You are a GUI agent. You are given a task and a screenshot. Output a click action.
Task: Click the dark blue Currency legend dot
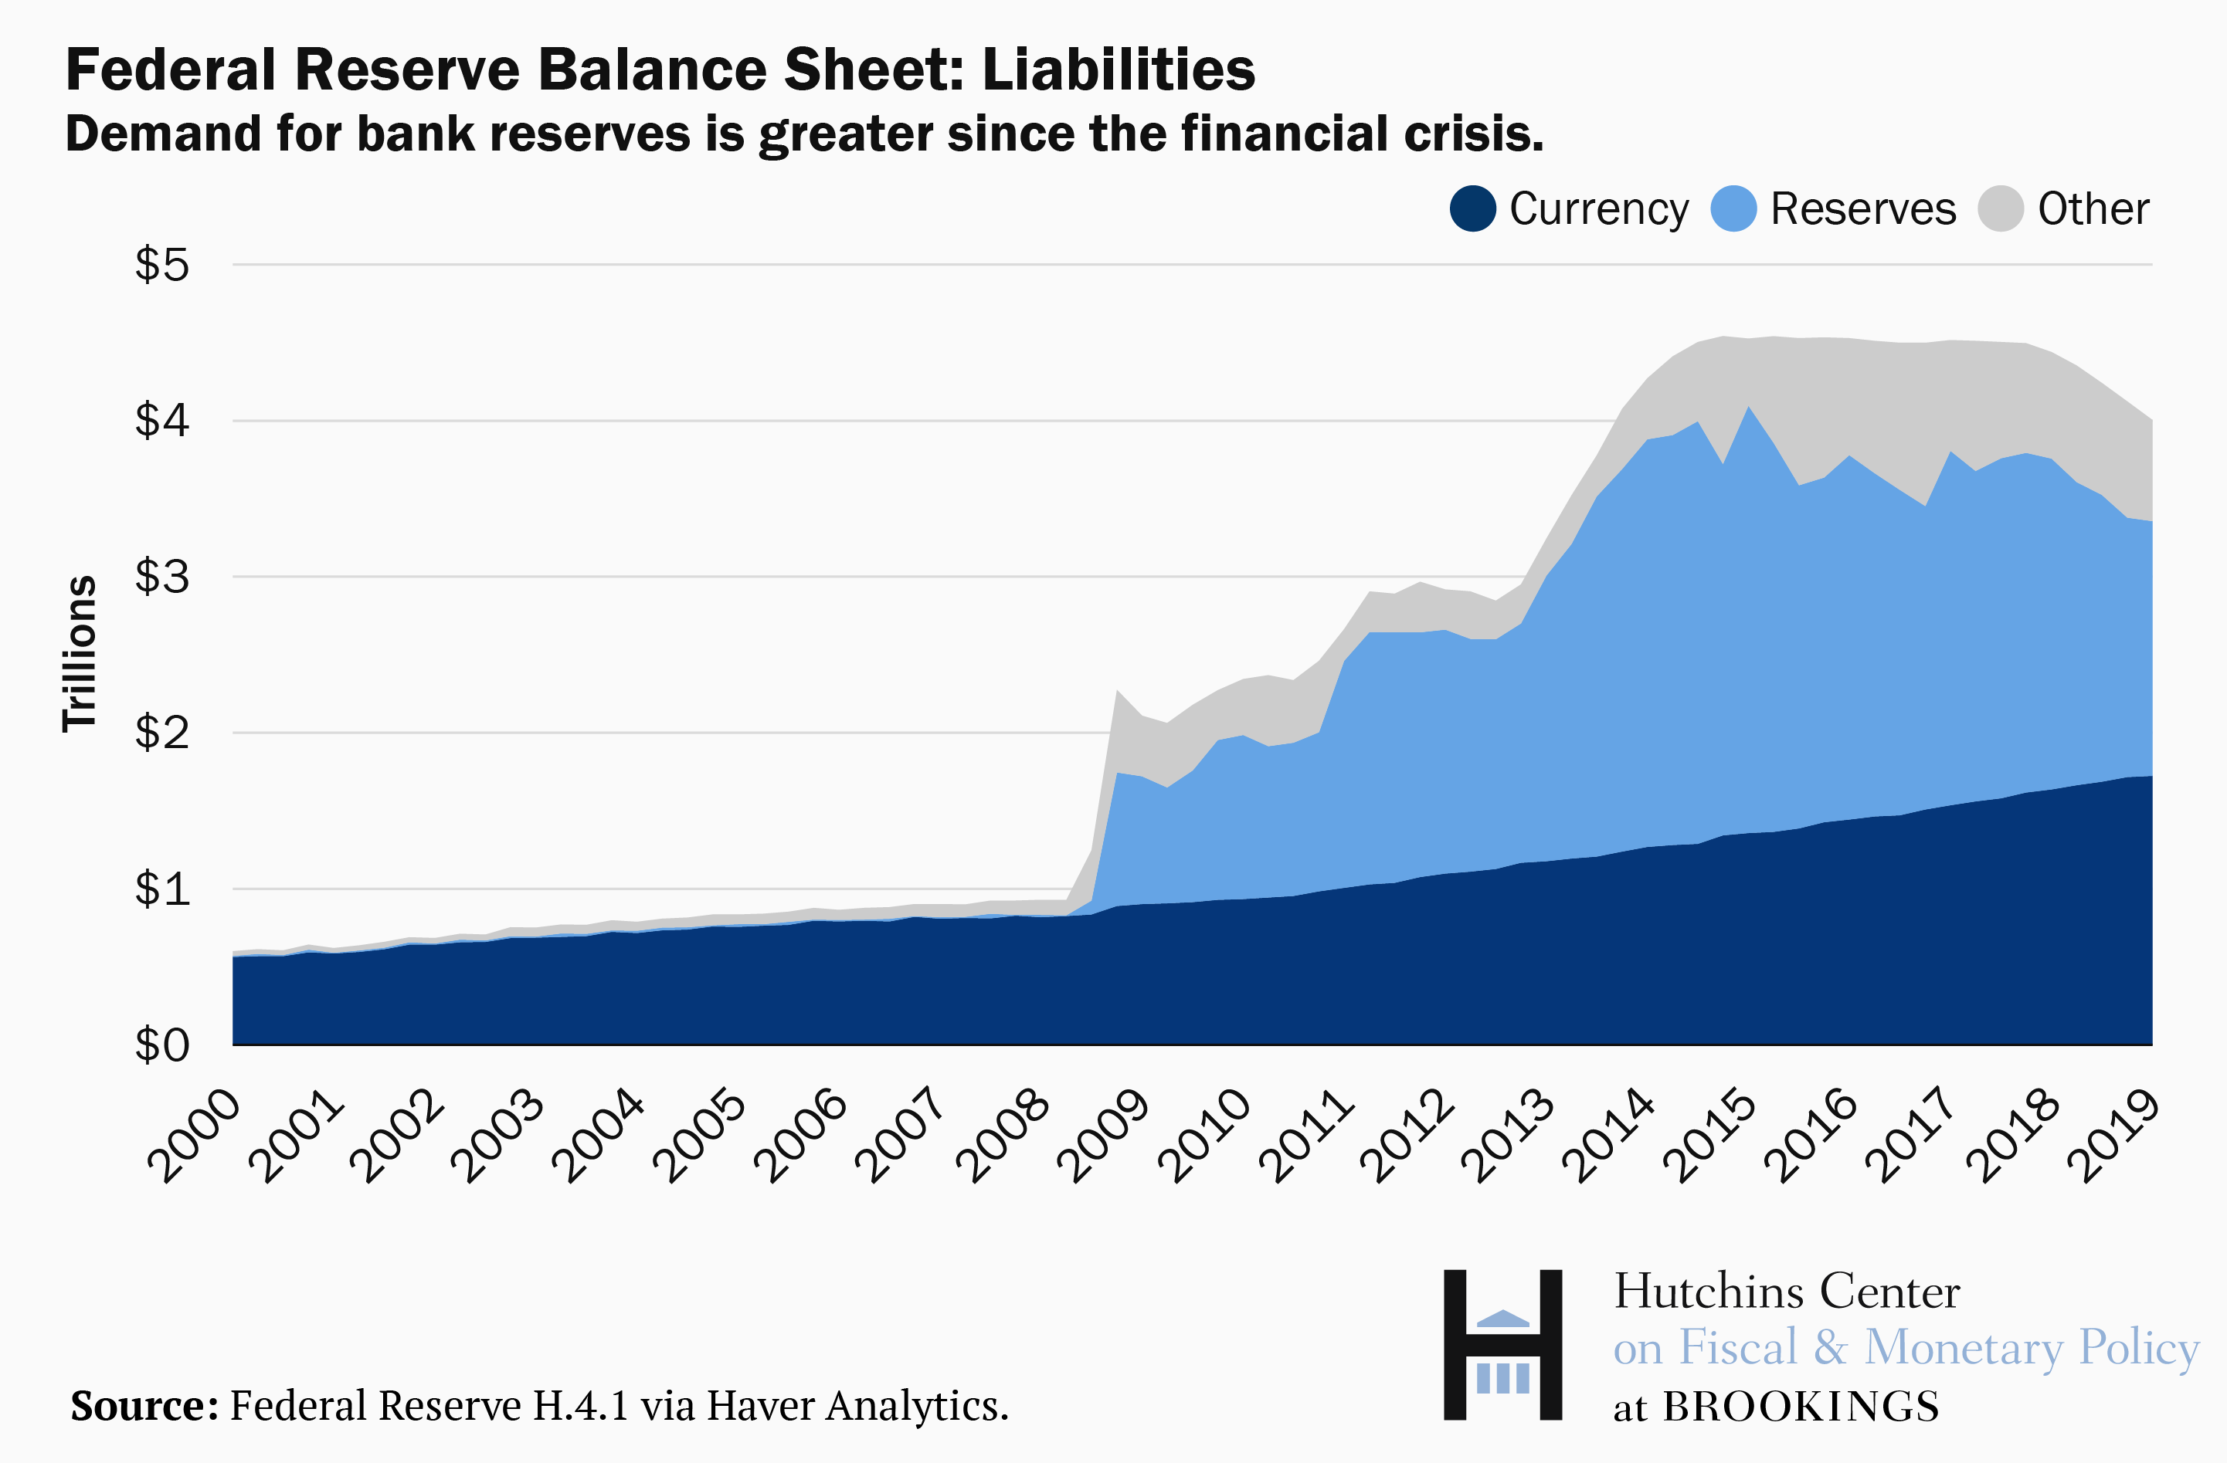[x=1473, y=208]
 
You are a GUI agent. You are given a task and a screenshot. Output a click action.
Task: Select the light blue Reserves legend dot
[x=1734, y=208]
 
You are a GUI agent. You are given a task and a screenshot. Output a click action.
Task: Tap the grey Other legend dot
[x=2001, y=208]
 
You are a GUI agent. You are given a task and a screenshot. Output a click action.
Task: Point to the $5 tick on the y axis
[x=162, y=265]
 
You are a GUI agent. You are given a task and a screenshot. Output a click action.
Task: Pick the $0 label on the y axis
[x=162, y=1045]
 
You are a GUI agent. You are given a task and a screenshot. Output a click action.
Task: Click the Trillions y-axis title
[x=80, y=653]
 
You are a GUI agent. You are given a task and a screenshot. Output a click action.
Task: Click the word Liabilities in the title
[x=1119, y=70]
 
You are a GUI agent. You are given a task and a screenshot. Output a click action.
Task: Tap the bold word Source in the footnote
[x=143, y=1406]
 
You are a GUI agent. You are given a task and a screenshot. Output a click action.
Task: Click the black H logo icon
[x=1502, y=1345]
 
